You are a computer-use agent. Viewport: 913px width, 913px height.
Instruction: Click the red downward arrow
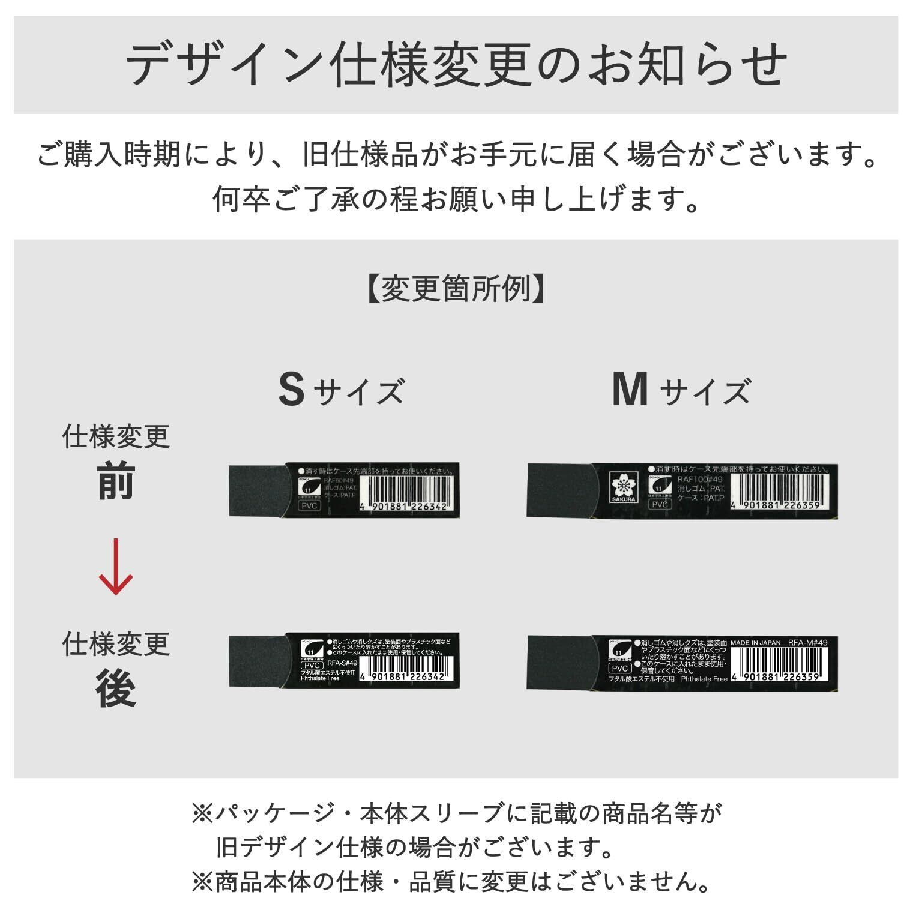[x=115, y=567]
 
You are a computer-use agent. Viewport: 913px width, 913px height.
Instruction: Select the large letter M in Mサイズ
[x=630, y=390]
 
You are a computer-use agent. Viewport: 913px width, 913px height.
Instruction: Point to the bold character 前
[x=116, y=481]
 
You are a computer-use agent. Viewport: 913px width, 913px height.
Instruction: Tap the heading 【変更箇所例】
[x=456, y=289]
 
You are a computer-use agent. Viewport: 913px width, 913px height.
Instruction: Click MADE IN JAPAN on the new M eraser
[x=755, y=643]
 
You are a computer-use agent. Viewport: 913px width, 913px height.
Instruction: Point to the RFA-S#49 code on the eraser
[x=342, y=664]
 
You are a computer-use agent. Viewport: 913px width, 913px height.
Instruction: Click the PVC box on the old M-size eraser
[x=660, y=505]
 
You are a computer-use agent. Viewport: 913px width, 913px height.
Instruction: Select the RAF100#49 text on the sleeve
[x=700, y=479]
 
